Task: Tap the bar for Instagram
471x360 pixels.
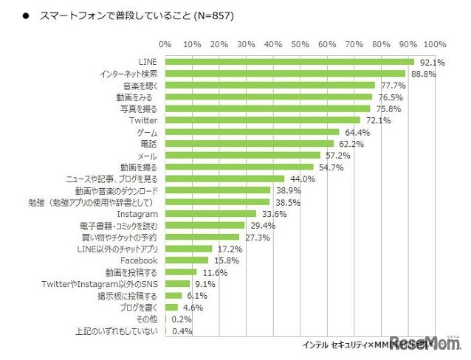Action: (210, 214)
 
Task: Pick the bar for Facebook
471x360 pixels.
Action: (187, 260)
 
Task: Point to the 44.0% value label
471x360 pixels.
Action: (302, 179)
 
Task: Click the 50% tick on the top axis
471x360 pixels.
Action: (300, 44)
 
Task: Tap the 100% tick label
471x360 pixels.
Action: (435, 44)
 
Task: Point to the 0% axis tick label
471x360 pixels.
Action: (165, 44)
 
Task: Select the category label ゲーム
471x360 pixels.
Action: (147, 132)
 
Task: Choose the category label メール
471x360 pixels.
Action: (148, 156)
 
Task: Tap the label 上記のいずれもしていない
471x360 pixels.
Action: (120, 331)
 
